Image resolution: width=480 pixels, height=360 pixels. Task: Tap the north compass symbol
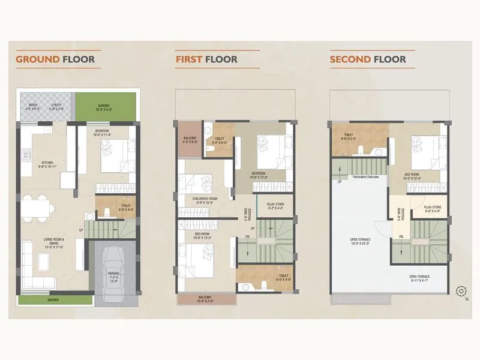461,292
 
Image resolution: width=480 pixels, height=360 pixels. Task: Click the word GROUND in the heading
38,59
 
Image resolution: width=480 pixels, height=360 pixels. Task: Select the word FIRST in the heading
189,59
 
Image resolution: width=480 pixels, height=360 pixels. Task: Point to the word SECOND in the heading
350,59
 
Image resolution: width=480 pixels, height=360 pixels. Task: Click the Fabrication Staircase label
368,177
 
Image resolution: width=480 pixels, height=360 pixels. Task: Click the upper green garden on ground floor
104,106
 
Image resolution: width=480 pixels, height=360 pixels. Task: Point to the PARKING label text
113,275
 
